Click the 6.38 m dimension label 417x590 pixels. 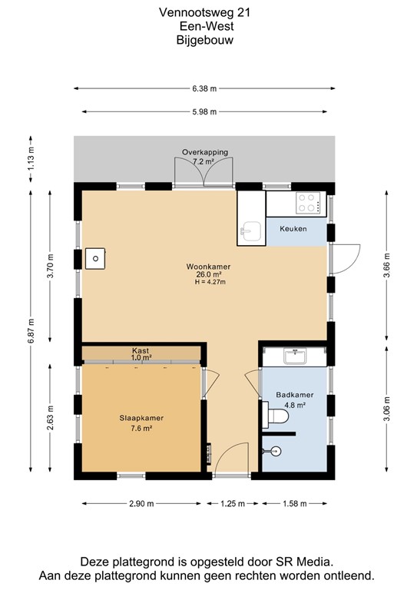coord(205,87)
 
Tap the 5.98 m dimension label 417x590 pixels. coord(205,111)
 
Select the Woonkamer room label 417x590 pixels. coord(208,267)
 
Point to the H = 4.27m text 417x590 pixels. coord(208,282)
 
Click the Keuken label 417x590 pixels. coord(293,229)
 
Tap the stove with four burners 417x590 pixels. coord(308,203)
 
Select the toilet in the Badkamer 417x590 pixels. coord(276,416)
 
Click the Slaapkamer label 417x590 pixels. coord(141,418)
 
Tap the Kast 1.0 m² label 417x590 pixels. coord(141,353)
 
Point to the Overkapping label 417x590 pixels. coord(204,152)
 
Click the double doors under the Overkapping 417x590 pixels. coord(205,173)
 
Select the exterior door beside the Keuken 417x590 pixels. coord(347,255)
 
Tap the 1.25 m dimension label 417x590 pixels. coord(230,504)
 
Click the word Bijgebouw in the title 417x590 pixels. coord(205,40)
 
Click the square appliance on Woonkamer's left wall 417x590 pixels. coord(95,259)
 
